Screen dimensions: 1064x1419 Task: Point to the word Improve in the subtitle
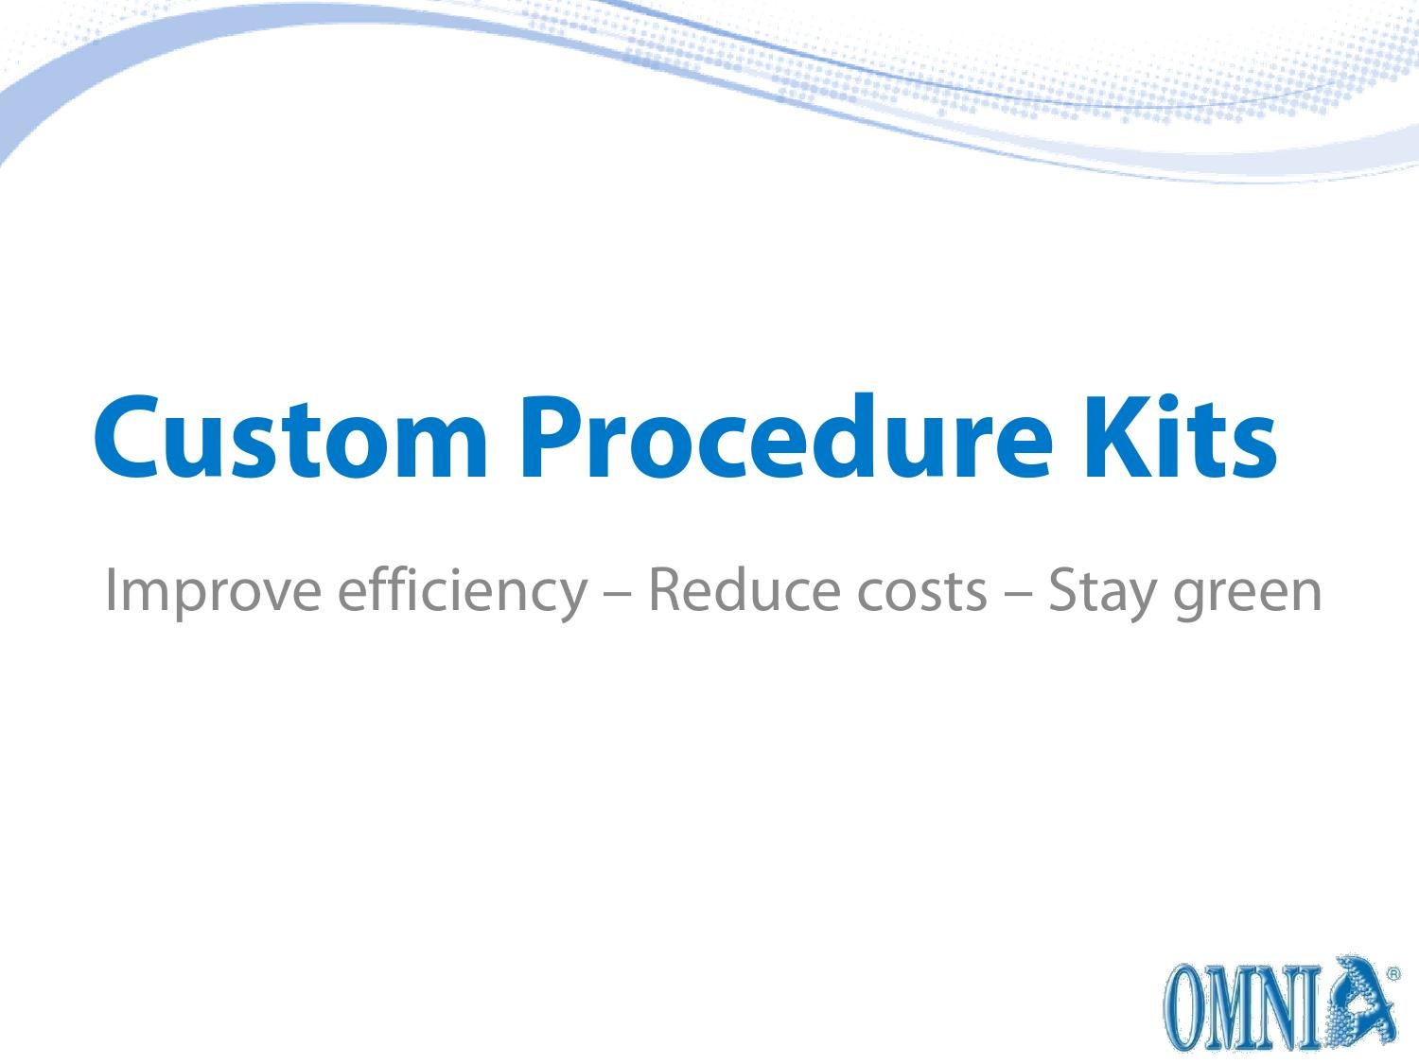212,591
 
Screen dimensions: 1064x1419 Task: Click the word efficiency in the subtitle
461,591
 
